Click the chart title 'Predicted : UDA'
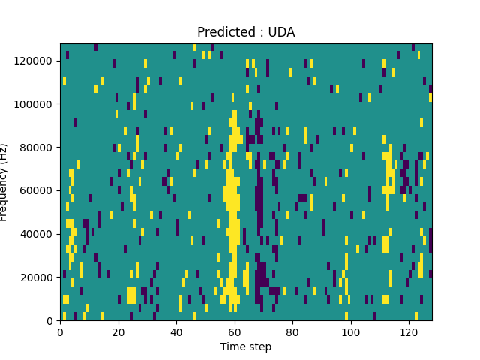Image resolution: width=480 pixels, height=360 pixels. (x=246, y=32)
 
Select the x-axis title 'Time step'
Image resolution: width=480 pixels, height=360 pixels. (x=246, y=346)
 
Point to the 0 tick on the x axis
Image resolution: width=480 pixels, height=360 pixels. (x=60, y=331)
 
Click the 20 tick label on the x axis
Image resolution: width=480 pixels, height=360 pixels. (x=118, y=331)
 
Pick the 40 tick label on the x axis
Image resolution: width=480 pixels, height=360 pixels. (x=176, y=331)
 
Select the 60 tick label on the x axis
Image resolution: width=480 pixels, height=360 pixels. (x=234, y=331)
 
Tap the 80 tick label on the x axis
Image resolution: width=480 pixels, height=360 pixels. (x=292, y=331)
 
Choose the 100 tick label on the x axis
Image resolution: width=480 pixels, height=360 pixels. (x=350, y=331)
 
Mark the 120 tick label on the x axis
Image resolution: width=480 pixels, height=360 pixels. (x=409, y=331)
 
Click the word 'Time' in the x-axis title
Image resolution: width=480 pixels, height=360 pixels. (x=232, y=346)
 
